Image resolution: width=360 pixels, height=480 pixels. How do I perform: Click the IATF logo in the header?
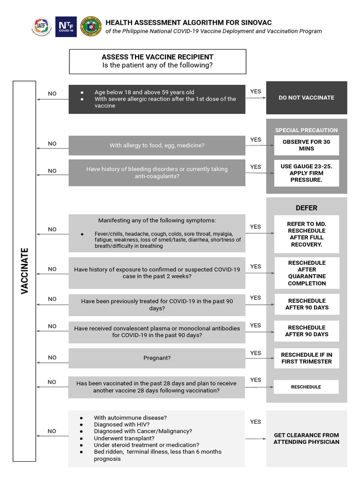pos(42,27)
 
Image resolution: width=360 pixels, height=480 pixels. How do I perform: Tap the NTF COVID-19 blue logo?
pos(66,27)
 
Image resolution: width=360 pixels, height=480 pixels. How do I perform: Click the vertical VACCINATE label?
pos(25,270)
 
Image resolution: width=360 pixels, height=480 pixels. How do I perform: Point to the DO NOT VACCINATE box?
pos(307,97)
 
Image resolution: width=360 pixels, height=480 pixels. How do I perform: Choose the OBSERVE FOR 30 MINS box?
pos(307,145)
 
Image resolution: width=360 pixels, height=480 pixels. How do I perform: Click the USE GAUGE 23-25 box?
pos(307,173)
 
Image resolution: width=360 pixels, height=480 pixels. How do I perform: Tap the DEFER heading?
pos(307,208)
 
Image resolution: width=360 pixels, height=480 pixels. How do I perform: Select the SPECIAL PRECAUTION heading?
pos(307,130)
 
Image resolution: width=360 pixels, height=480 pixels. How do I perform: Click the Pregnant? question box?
pos(157,358)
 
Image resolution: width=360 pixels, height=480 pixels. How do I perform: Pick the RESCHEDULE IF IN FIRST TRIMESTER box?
pos(307,358)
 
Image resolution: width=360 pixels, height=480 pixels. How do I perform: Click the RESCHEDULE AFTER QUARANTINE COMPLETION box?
pos(307,273)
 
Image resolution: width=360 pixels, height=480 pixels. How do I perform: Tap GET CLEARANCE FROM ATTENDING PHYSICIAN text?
pos(307,438)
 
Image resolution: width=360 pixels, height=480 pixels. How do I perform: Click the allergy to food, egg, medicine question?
pos(157,145)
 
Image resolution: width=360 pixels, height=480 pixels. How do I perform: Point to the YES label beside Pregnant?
pos(255,353)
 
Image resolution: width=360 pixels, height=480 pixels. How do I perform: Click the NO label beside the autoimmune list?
pos(52,431)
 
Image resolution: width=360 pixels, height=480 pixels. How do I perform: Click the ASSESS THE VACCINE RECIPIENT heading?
pos(157,57)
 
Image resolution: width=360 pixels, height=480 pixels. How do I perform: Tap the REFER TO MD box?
pos(307,234)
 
